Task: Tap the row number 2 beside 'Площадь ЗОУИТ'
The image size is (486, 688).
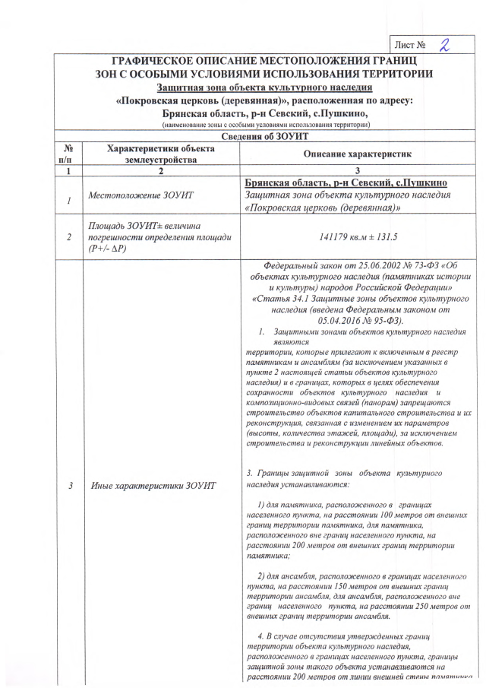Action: [x=69, y=237]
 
